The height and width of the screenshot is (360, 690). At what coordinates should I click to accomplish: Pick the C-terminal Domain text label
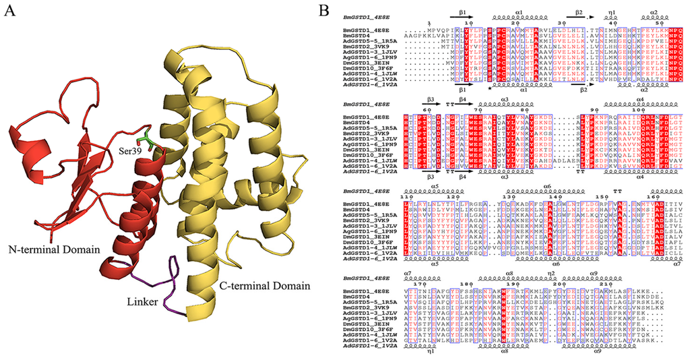265,286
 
